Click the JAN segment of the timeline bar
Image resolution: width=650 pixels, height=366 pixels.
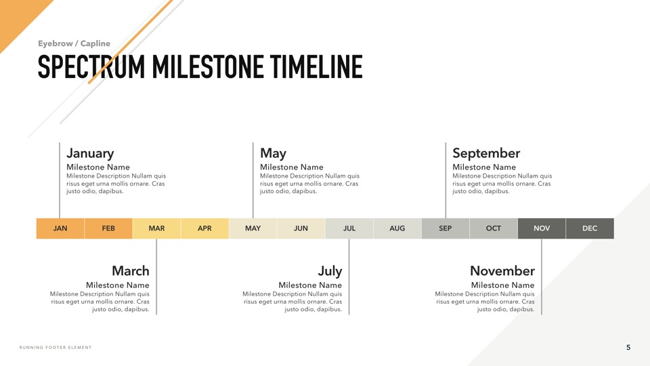60,228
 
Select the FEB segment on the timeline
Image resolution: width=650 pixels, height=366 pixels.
108,228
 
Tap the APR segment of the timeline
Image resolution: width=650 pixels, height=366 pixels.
204,228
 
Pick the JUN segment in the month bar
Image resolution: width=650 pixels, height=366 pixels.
301,228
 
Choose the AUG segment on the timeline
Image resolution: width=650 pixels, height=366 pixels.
397,228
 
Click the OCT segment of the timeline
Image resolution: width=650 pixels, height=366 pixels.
494,228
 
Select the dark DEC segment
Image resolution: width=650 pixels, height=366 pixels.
590,228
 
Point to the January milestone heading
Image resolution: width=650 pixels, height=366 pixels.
90,153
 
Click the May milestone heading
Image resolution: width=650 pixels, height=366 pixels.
273,153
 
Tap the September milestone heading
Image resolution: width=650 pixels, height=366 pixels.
486,153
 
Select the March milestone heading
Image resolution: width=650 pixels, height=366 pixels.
131,270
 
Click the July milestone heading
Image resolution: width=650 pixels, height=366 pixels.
330,271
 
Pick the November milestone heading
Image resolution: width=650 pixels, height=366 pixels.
502,270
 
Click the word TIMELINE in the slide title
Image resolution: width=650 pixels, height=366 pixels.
316,66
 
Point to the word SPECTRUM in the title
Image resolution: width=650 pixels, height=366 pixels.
91,66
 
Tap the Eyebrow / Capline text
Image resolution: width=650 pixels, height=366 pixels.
74,43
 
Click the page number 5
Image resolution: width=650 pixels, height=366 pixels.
628,347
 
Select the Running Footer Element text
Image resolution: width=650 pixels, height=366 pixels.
56,347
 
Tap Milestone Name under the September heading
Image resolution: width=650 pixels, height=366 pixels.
484,167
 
